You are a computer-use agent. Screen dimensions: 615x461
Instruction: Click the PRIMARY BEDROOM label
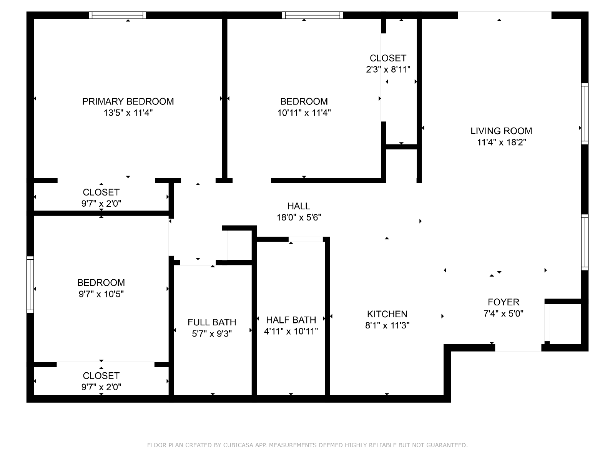click(x=128, y=101)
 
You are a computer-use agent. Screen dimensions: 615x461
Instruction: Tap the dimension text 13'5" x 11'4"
click(x=128, y=113)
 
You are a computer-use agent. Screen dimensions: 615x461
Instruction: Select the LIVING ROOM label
click(x=501, y=131)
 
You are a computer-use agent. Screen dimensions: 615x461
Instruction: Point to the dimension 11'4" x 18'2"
click(x=502, y=142)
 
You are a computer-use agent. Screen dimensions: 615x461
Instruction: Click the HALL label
click(x=299, y=206)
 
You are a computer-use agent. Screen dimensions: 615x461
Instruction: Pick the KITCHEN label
click(x=387, y=314)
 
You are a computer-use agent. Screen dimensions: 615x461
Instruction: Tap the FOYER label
click(x=504, y=302)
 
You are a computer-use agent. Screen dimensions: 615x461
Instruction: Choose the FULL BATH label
click(x=212, y=322)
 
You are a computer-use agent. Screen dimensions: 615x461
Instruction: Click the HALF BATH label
click(x=291, y=320)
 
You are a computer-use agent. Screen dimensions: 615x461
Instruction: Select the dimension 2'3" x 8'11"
click(x=388, y=70)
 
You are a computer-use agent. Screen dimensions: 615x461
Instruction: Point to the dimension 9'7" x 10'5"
click(x=101, y=294)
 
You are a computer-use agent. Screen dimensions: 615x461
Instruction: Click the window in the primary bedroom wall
click(x=117, y=15)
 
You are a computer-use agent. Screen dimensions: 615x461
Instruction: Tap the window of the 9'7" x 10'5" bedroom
click(x=30, y=284)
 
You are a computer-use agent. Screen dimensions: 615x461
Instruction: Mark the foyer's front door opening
click(x=518, y=347)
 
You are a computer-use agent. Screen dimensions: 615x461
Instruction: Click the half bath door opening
click(x=306, y=239)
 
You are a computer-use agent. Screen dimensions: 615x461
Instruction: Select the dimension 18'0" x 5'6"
click(x=299, y=217)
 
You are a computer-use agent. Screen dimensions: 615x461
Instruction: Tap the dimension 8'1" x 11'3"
click(x=387, y=325)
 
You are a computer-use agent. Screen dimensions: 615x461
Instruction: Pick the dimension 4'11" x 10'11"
click(x=291, y=332)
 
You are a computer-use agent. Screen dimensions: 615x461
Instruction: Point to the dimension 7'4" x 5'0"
click(x=504, y=313)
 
